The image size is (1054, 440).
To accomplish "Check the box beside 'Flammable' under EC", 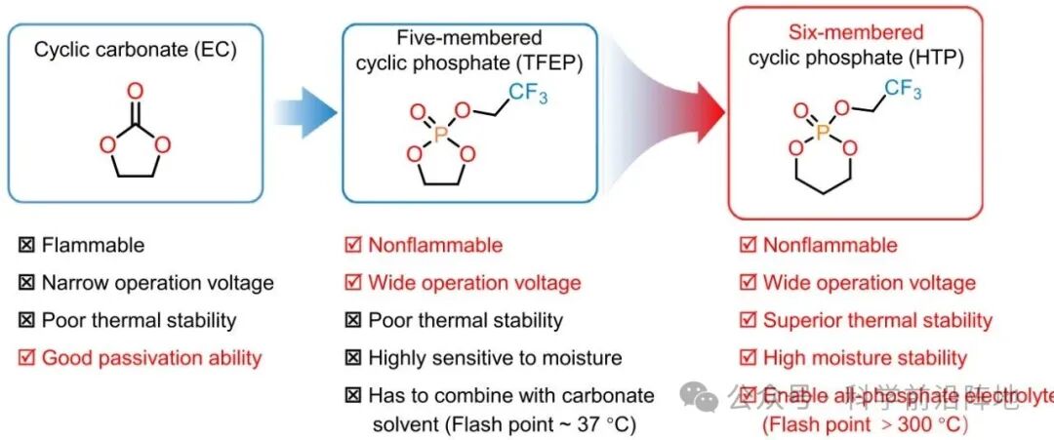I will click(x=25, y=246).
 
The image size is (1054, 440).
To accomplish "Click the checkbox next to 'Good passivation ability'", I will click(x=25, y=358).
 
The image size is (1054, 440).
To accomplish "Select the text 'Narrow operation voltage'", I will click(x=157, y=284).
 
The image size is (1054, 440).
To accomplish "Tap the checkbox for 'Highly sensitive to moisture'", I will click(x=352, y=358).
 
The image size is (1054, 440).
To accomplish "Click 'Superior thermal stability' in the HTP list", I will click(x=877, y=320).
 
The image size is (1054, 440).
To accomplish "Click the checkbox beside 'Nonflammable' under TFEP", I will click(x=352, y=246).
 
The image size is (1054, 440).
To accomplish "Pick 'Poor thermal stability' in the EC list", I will click(x=139, y=321).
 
